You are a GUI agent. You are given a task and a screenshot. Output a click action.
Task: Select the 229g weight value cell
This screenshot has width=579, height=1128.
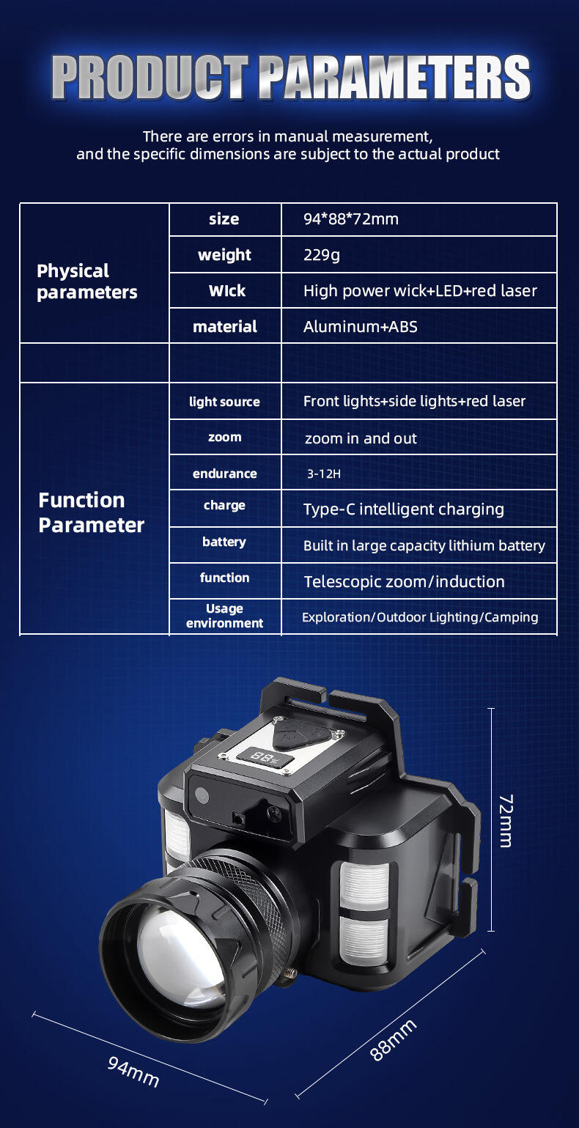tap(322, 255)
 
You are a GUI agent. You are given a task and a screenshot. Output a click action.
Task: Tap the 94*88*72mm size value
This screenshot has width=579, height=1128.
tap(351, 219)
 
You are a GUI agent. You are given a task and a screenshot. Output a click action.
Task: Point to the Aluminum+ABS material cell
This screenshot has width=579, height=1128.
tap(361, 327)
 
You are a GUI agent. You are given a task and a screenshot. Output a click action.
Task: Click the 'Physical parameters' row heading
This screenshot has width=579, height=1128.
tap(86, 281)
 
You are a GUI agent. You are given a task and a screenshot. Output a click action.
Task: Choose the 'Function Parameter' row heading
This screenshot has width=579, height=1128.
tap(91, 513)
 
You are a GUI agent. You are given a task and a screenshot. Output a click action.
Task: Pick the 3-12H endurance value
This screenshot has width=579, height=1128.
tap(324, 474)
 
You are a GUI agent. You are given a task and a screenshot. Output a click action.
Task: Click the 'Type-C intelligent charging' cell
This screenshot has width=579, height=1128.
tap(404, 509)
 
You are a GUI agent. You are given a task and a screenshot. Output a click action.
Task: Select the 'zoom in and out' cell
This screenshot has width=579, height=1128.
tap(361, 438)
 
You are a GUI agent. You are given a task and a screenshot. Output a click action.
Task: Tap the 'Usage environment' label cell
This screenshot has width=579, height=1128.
tap(224, 616)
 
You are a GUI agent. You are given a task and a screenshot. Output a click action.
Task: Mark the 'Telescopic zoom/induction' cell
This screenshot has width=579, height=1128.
tap(405, 582)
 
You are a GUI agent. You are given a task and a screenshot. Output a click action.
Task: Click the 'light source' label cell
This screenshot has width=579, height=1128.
tap(224, 402)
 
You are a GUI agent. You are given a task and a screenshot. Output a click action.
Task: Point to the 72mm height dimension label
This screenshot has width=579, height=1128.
tap(505, 820)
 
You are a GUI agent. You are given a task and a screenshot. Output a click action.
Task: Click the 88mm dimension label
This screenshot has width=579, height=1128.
tap(393, 1039)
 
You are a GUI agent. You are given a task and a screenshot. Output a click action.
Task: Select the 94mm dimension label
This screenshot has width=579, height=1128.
tap(133, 1071)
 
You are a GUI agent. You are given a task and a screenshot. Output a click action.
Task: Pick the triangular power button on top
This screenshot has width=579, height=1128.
tap(305, 733)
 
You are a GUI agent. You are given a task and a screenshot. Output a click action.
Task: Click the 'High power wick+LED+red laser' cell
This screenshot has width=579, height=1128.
tap(420, 291)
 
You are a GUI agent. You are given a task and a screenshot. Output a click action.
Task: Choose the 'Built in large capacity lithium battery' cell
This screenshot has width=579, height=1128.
tap(424, 546)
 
